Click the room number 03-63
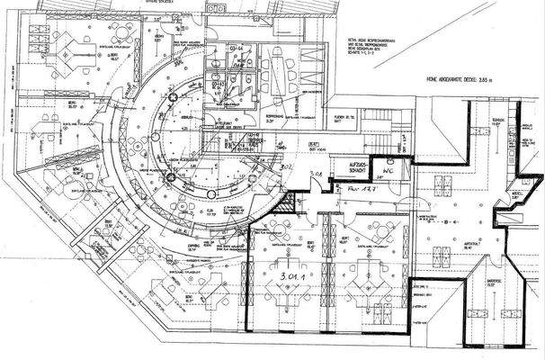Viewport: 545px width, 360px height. click(219, 82)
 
